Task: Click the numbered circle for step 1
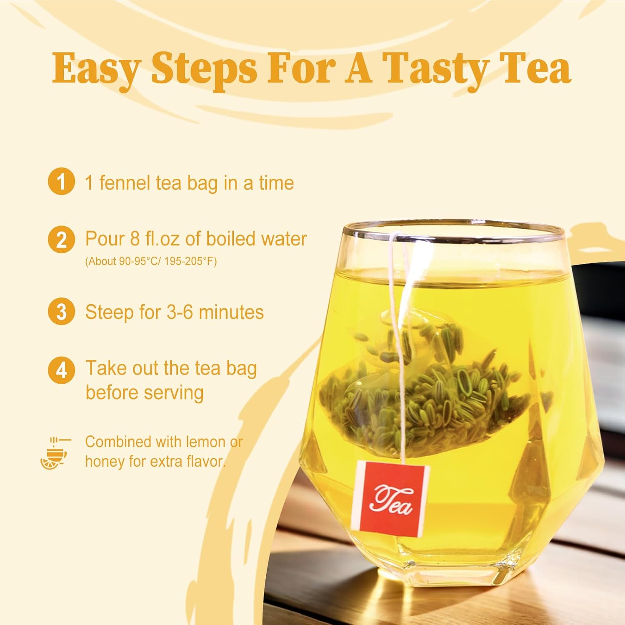point(61,182)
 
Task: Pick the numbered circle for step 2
point(61,240)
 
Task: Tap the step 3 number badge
point(61,312)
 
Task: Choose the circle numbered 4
point(61,370)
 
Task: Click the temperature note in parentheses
point(151,262)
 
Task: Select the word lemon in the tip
point(206,442)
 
